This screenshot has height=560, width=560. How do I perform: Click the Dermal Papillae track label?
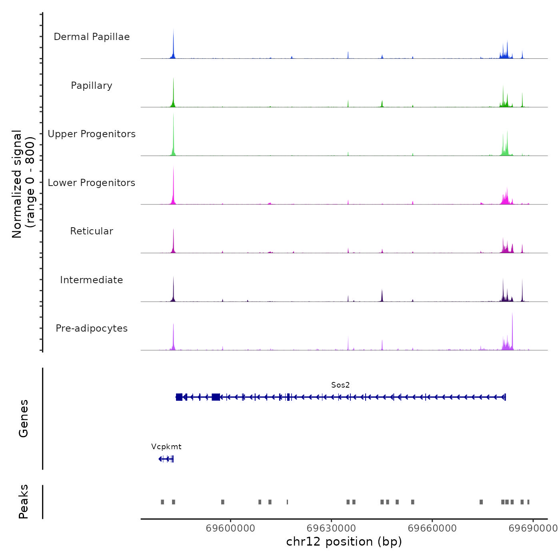click(x=92, y=37)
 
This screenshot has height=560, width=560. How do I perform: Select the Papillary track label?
click(x=92, y=86)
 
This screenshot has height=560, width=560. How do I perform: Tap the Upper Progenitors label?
click(x=92, y=134)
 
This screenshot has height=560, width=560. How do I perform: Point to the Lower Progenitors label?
click(x=92, y=183)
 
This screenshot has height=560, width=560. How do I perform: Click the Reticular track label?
click(x=92, y=231)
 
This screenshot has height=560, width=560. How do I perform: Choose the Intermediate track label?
click(x=92, y=280)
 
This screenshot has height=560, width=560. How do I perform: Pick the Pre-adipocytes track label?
click(x=92, y=328)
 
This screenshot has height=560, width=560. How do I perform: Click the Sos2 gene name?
click(x=340, y=385)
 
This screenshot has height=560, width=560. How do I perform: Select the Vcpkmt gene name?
click(x=166, y=446)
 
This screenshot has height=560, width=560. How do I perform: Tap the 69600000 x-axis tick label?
click(x=230, y=528)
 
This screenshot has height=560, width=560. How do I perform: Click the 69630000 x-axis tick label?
click(x=331, y=528)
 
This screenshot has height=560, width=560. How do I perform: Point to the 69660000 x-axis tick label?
click(x=432, y=528)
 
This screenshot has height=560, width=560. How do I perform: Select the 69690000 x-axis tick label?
click(x=533, y=528)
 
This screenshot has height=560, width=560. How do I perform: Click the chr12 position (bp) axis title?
click(x=344, y=542)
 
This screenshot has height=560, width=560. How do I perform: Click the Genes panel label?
click(x=24, y=418)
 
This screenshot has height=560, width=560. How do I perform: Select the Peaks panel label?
click(x=24, y=502)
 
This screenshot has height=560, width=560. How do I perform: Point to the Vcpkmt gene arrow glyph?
click(x=166, y=459)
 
